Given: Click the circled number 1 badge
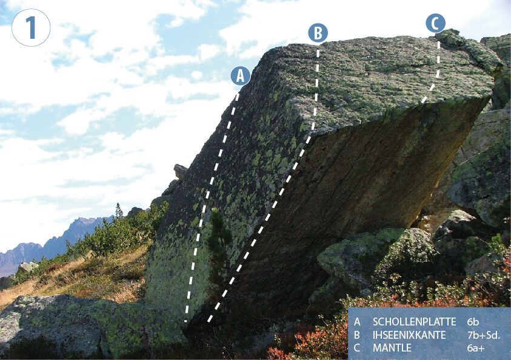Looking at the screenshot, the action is click(x=31, y=28).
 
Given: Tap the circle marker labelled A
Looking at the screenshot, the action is click(x=241, y=76).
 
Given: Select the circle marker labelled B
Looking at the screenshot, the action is click(x=318, y=33).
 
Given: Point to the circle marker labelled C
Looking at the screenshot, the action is click(x=435, y=23).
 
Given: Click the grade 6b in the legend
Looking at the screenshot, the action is click(x=473, y=322).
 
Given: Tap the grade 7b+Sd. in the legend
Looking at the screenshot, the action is click(x=483, y=335).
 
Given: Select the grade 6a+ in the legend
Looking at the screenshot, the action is click(x=476, y=348).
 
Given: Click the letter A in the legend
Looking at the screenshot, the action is click(x=357, y=322).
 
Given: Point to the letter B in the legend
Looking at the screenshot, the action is click(x=357, y=335).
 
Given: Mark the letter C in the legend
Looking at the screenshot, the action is click(x=357, y=348).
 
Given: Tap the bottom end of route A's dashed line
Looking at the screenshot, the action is click(x=186, y=321).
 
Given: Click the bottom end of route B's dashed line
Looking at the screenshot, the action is click(x=209, y=321).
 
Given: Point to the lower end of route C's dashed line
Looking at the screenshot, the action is click(x=422, y=101).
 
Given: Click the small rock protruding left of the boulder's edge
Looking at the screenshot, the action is click(x=180, y=171).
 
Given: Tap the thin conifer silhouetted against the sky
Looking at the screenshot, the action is click(x=119, y=211).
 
